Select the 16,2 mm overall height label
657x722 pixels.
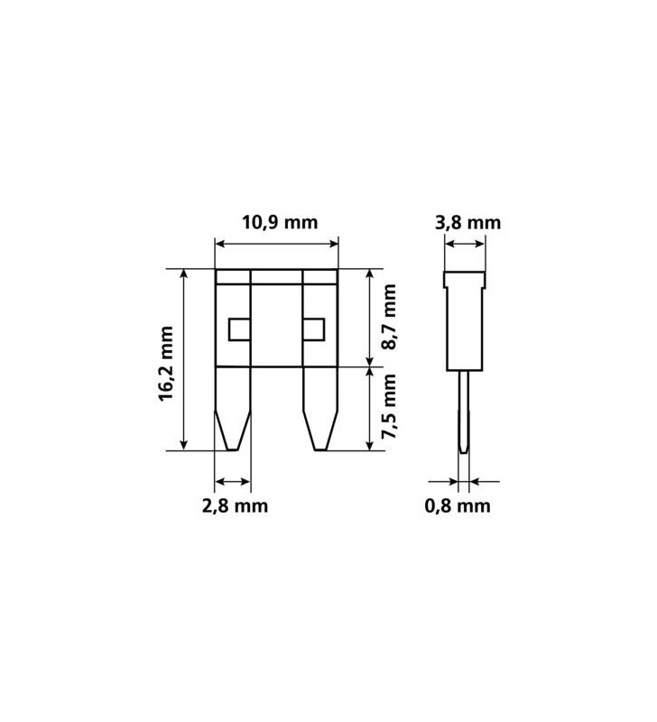[166, 364]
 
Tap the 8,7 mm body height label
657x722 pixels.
[389, 318]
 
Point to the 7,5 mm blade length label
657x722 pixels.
[389, 407]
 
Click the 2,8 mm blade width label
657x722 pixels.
[235, 506]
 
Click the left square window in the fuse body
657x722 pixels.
[239, 329]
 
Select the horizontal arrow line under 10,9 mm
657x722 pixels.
[276, 243]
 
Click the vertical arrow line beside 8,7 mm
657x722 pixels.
[369, 318]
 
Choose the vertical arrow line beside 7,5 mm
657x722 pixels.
[369, 408]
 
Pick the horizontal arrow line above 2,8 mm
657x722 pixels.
[233, 481]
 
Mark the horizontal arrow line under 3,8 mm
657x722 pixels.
[466, 243]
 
